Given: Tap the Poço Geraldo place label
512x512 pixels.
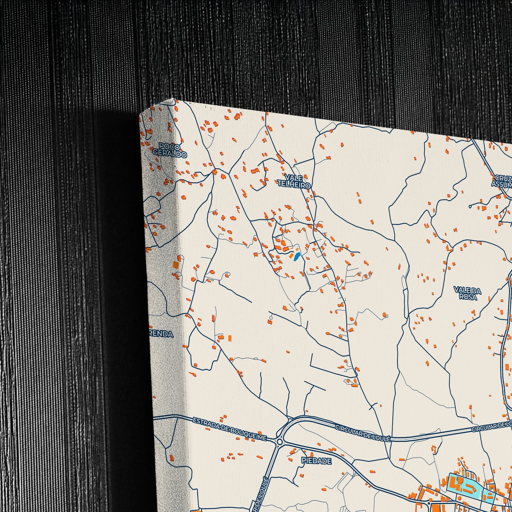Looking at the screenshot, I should [x=170, y=150].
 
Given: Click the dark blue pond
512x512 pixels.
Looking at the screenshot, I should [x=297, y=256].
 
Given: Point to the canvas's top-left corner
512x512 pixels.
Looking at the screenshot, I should [x=140, y=114].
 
